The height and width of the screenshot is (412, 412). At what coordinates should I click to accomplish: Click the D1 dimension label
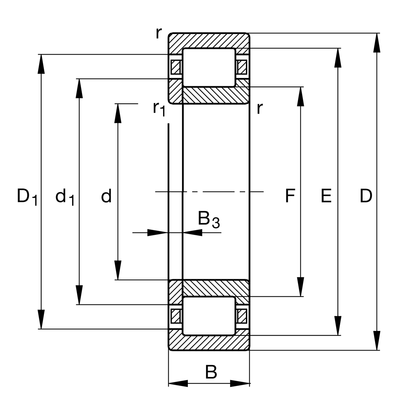pos(27,197)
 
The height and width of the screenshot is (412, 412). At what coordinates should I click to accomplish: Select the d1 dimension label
pos(65,197)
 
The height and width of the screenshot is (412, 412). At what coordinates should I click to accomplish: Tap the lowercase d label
pos(106,196)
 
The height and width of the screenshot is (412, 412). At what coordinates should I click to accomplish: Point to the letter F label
pos(290,196)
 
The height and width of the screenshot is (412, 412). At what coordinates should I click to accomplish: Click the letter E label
pos(326,196)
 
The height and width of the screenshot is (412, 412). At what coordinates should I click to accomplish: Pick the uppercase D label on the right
pos(366,196)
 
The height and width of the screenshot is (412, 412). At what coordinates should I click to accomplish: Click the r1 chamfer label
pos(159,108)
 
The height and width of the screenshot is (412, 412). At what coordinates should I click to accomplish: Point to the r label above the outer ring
pos(158,33)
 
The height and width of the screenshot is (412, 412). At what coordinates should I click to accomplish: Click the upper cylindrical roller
pos(209,67)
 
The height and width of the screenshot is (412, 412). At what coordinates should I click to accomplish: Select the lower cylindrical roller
pos(209,316)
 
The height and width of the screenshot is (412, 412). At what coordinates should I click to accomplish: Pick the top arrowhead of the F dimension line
pos(301,96)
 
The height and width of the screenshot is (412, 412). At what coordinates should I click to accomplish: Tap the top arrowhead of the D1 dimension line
pos(41,64)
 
